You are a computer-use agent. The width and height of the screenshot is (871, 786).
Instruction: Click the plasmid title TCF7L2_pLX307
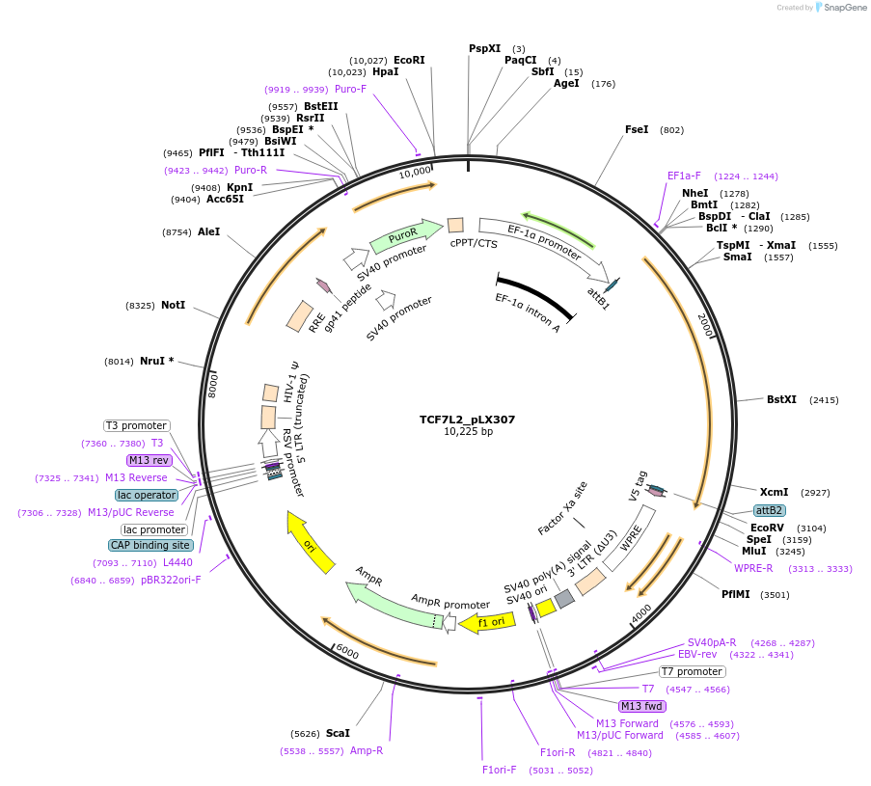tap(467, 420)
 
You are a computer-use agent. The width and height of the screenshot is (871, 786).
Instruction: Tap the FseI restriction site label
tap(637, 129)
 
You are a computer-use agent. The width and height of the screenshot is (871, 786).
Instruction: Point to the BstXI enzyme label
tap(781, 399)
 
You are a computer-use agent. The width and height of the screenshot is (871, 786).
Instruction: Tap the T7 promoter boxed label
tap(692, 671)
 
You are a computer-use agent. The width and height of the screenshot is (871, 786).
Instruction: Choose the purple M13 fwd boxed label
tap(642, 706)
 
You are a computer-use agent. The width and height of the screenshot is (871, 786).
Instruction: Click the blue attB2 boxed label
tap(769, 510)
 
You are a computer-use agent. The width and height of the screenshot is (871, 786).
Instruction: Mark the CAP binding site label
tap(150, 545)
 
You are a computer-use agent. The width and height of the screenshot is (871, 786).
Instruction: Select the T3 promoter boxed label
tap(136, 425)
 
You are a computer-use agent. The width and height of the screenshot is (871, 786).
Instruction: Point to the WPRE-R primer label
tap(753, 568)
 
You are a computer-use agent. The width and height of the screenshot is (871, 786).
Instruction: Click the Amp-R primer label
tap(367, 750)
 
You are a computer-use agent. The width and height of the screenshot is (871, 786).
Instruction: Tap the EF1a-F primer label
tap(684, 176)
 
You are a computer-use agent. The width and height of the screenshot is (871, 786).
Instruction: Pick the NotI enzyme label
tap(173, 305)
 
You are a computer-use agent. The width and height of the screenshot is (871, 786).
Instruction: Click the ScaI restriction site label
tap(338, 733)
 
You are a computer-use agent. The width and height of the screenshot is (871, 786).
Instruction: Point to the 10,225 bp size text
tap(467, 432)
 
